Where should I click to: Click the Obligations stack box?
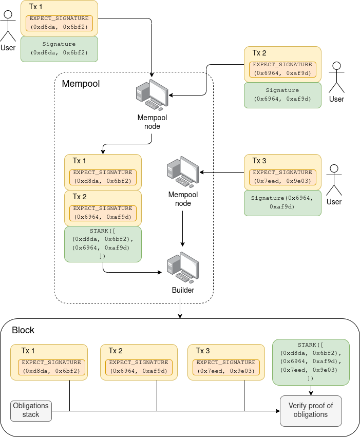point(31,410)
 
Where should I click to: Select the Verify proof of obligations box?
point(310,410)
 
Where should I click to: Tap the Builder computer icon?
point(183,270)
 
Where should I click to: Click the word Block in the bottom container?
point(23,330)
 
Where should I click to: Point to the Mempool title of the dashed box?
point(81,84)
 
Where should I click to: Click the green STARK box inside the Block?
point(310,362)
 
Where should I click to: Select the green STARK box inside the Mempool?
point(103,244)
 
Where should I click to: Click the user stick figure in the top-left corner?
point(8,27)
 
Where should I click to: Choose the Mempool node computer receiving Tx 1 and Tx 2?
point(152,96)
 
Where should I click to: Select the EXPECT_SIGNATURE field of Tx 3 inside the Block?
point(226,367)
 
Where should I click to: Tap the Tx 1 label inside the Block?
point(28,351)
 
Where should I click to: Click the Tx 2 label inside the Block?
point(116,351)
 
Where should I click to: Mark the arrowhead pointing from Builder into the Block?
point(180,315)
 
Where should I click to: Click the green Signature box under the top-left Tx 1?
point(59,49)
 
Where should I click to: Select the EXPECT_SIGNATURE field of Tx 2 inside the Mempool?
point(103,213)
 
